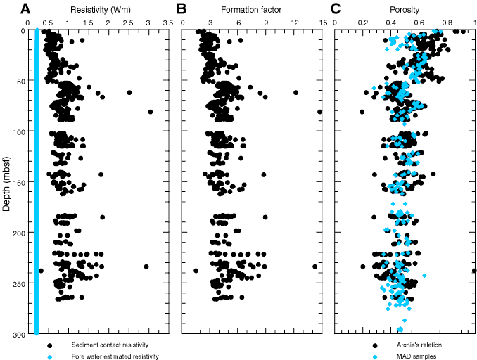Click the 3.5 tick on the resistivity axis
coord(168,22)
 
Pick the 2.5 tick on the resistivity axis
coord(128,22)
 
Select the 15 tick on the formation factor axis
coord(322,22)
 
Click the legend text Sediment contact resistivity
coord(112,345)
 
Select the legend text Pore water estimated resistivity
coord(115,356)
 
